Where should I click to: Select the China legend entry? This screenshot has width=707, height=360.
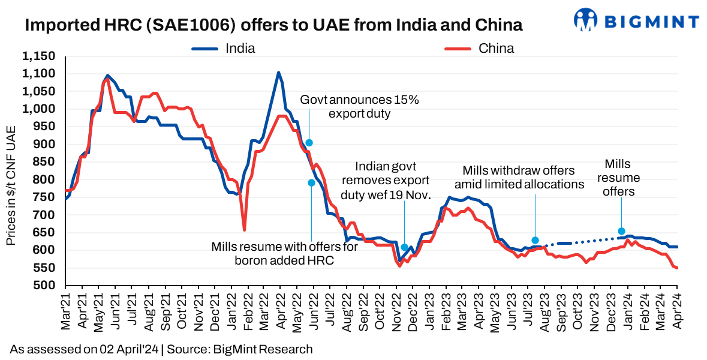pos(495,49)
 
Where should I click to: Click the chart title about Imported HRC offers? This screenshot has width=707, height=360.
pos(273,25)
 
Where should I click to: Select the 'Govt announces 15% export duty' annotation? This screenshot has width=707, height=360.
pos(359,106)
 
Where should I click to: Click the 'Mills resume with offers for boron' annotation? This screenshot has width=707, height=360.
pos(284,253)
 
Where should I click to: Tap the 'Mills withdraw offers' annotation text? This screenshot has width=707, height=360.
pos(519,177)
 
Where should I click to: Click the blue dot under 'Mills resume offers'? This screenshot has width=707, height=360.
pos(621,231)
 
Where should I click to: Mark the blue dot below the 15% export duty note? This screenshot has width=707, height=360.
pos(309,143)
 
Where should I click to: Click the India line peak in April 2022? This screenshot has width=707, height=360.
pos(278,73)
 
